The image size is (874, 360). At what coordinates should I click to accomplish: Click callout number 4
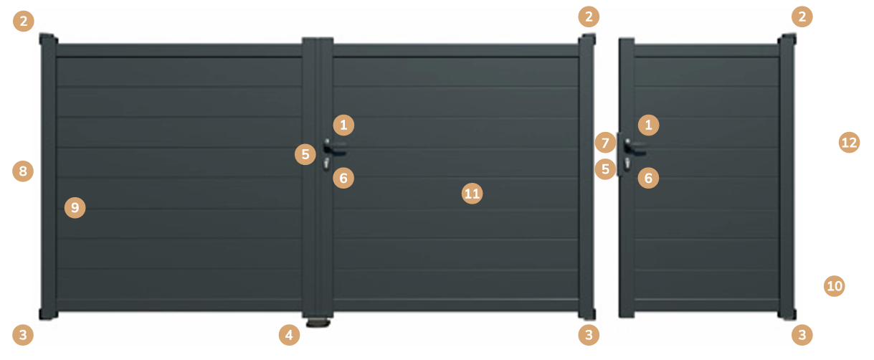[x=289, y=335]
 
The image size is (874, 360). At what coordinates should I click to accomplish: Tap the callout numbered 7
[x=605, y=143]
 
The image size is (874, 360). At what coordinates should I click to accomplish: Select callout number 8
[x=23, y=171]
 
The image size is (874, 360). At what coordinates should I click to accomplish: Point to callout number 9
[x=75, y=207]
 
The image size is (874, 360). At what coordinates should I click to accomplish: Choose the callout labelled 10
[x=834, y=286]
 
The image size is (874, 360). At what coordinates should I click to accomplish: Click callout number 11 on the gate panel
[x=472, y=194]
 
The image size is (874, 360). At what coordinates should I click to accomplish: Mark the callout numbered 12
[x=849, y=143]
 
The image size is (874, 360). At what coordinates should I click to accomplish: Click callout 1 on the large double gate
[x=343, y=125]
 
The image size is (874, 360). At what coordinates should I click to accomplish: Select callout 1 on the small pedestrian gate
[x=648, y=125]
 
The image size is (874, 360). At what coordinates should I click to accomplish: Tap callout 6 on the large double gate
[x=343, y=178]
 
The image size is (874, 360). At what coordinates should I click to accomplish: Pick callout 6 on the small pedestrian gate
[x=648, y=178]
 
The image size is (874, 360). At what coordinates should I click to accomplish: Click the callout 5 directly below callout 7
[x=605, y=169]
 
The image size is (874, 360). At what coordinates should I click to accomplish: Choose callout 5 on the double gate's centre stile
[x=305, y=154]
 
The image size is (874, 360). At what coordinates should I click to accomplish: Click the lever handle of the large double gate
[x=334, y=147]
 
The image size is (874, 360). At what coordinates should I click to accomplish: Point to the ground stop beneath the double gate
[x=318, y=323]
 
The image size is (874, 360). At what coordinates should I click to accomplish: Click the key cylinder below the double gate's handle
[x=326, y=164]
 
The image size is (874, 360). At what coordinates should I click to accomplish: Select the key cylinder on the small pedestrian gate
[x=627, y=164]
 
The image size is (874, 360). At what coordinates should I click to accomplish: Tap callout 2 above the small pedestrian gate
[x=802, y=16]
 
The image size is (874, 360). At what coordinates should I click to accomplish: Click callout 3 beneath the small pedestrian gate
[x=802, y=335]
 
